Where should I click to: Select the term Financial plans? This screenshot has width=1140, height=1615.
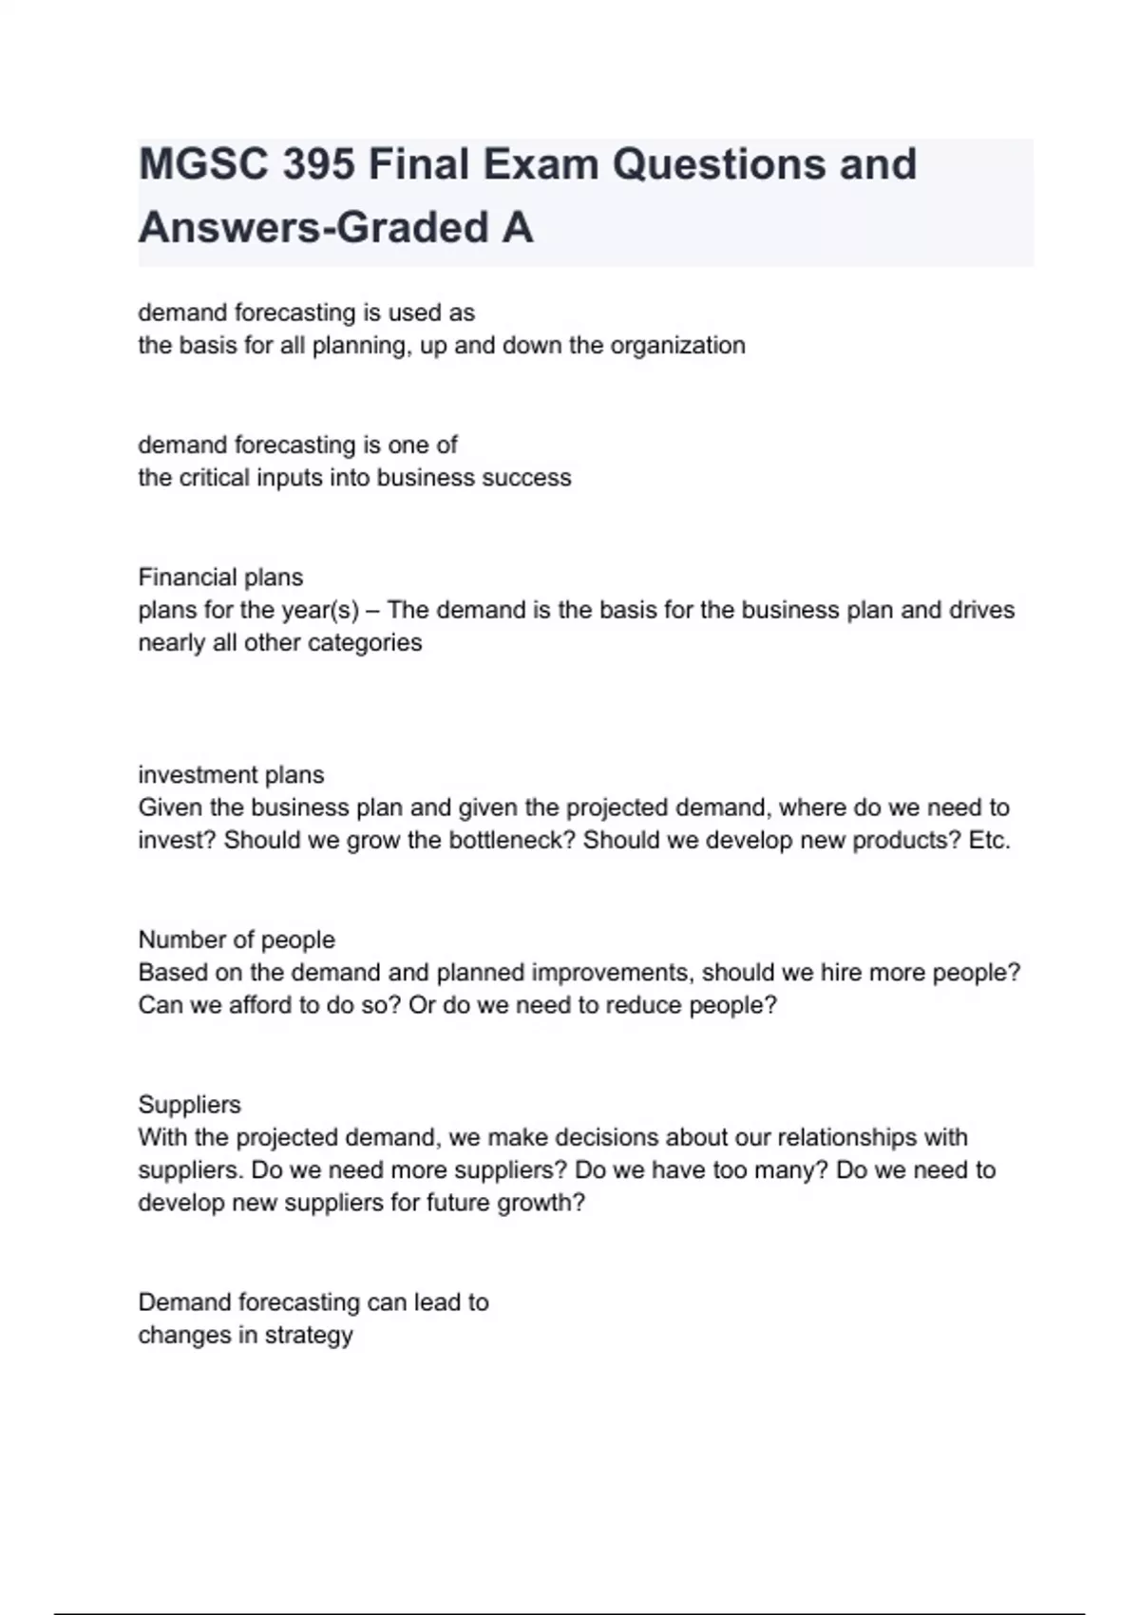click(220, 577)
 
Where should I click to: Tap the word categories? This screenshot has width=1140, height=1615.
click(365, 642)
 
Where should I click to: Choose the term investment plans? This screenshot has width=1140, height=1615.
click(231, 774)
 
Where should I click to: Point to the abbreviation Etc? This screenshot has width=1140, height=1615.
click(989, 841)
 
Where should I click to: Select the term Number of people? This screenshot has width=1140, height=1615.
click(237, 940)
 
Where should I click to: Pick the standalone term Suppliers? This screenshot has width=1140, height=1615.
click(189, 1104)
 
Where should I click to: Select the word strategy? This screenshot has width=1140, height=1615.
click(309, 1335)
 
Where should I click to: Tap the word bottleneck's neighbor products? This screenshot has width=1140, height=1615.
click(908, 841)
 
